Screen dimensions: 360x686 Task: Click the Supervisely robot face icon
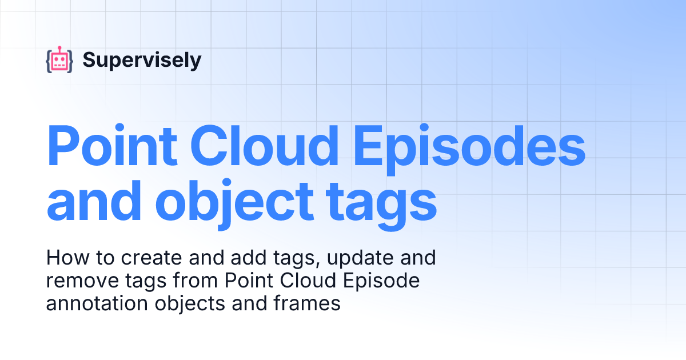[59, 61]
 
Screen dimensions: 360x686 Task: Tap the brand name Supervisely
[142, 60]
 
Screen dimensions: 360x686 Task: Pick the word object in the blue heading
[234, 205]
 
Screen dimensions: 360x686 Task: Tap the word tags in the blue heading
[380, 205]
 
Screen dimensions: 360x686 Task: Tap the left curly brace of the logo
[49, 61]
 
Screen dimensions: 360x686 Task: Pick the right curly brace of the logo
[70, 61]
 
